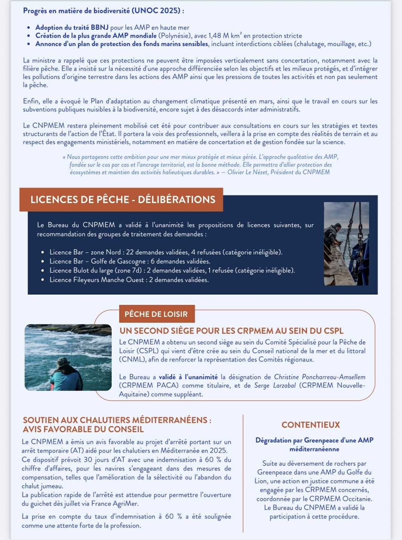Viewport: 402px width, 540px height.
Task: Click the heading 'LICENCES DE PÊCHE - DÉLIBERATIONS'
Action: tap(123, 199)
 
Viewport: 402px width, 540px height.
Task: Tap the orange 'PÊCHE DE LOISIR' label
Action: tap(156, 314)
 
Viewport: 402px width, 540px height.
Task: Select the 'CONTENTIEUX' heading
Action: tap(311, 424)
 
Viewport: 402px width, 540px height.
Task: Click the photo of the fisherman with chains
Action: tap(346, 243)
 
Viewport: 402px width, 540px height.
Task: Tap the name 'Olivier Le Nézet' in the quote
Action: tap(247, 172)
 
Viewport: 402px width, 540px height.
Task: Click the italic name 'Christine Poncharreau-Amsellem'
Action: tap(319, 377)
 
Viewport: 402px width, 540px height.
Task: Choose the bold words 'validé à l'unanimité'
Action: tap(188, 377)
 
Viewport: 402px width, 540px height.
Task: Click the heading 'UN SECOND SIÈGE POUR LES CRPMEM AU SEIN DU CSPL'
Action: tap(231, 331)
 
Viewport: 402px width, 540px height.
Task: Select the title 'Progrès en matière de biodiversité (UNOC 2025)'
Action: tap(103, 11)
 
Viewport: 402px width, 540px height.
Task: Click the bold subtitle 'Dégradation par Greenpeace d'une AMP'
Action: tap(314, 440)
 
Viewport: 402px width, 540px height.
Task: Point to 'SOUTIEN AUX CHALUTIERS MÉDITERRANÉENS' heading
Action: tap(117, 420)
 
